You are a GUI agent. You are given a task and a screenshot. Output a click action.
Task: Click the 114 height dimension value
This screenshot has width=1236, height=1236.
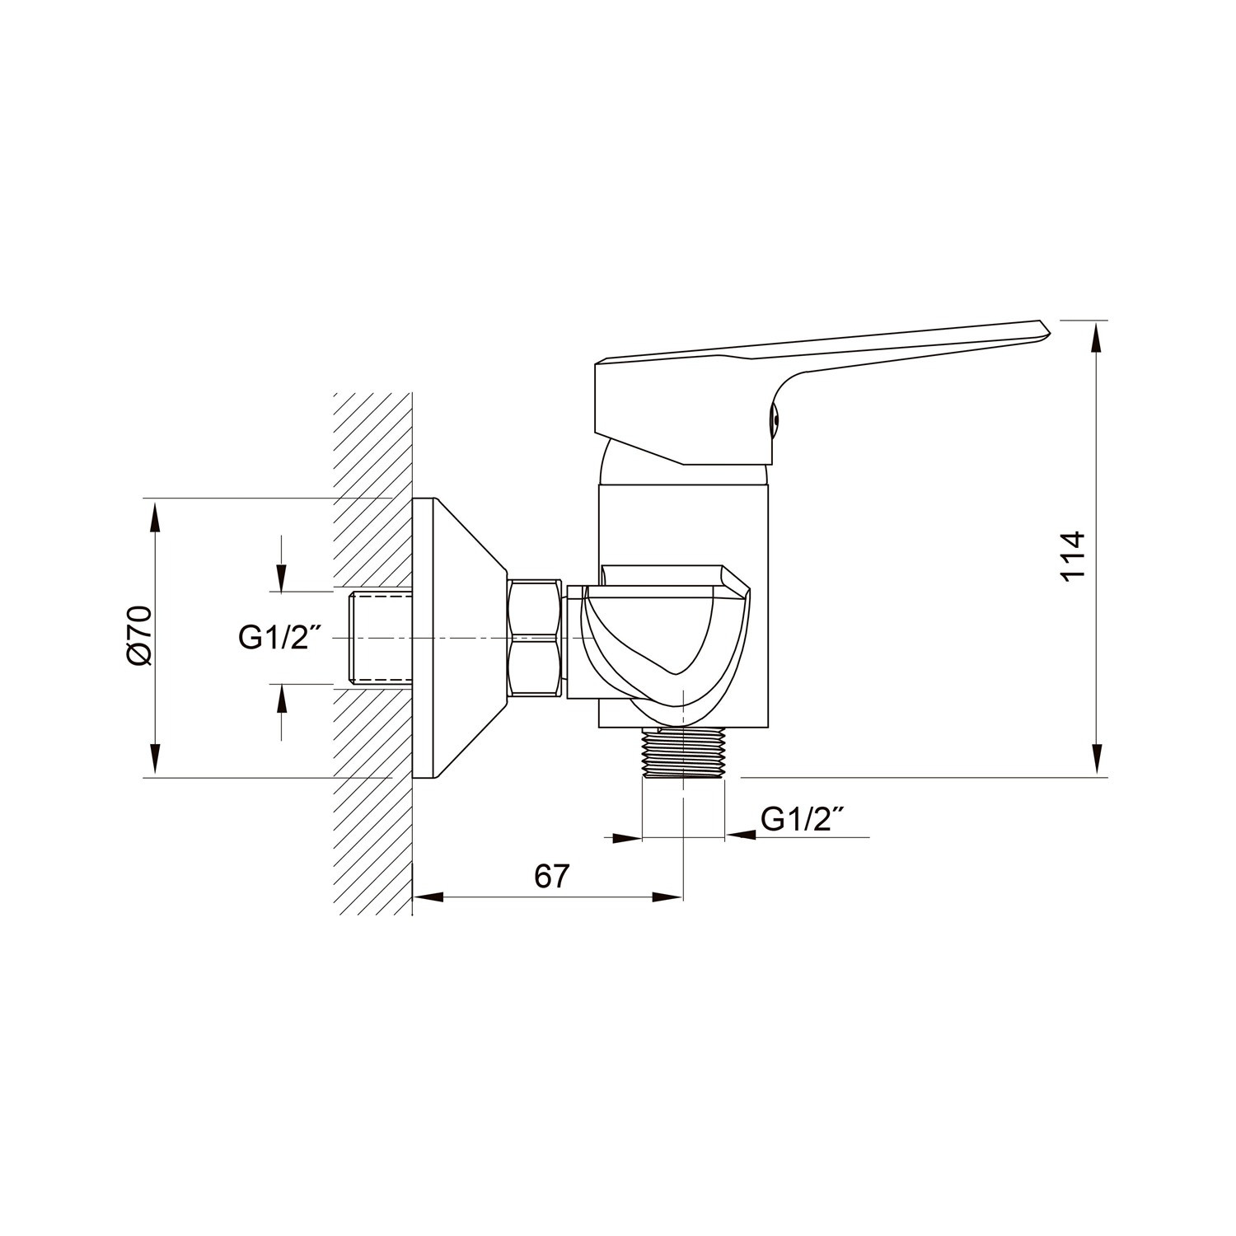click(x=1073, y=556)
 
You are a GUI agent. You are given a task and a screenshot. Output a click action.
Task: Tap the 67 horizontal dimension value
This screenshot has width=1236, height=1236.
click(x=551, y=876)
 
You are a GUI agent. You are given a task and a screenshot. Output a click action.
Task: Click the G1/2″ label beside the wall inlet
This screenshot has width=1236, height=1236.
click(x=279, y=637)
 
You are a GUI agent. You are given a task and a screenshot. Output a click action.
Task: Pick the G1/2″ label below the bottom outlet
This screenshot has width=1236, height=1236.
click(x=803, y=819)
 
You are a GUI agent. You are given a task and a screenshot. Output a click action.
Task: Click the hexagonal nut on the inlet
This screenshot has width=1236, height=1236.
click(x=536, y=638)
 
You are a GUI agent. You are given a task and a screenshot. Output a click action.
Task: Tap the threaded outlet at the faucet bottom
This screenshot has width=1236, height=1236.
click(x=683, y=753)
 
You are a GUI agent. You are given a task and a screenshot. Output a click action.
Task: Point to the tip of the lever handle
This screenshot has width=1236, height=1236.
click(x=1051, y=333)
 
